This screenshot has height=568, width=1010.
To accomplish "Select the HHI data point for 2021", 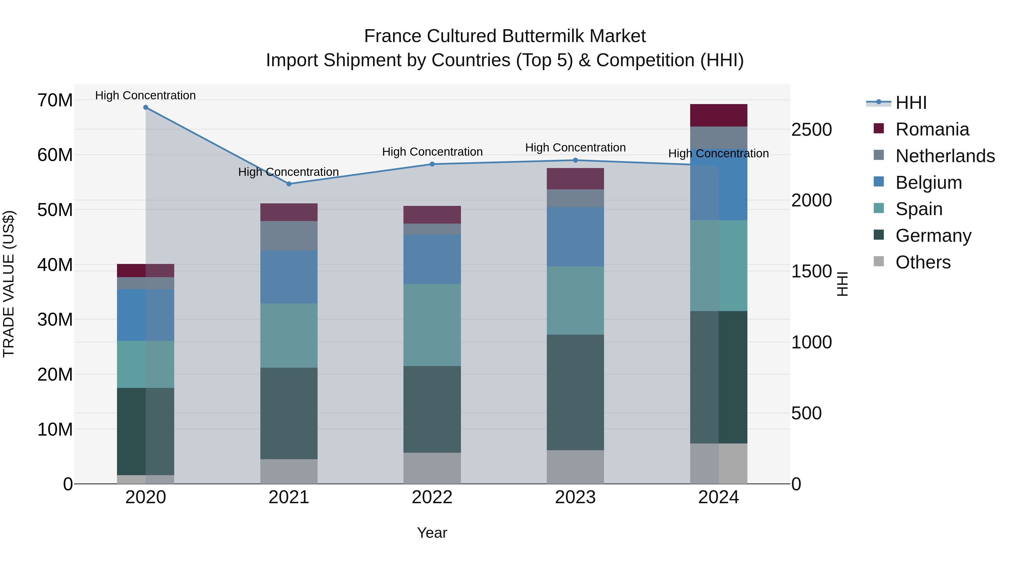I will pyautogui.click(x=289, y=184).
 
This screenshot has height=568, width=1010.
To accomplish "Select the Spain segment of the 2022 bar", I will pyautogui.click(x=432, y=325).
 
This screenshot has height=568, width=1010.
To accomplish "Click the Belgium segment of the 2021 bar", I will pyautogui.click(x=289, y=277).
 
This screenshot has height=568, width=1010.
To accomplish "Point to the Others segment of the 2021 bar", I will pyautogui.click(x=289, y=471).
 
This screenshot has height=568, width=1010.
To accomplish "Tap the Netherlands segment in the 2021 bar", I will pyautogui.click(x=289, y=236).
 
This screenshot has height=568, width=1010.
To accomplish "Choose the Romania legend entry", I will pyautogui.click(x=932, y=129).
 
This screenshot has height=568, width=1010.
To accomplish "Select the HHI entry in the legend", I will pyautogui.click(x=911, y=103).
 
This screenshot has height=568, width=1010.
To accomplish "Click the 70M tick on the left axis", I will pyautogui.click(x=55, y=100).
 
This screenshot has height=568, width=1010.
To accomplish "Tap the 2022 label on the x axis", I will pyautogui.click(x=432, y=497).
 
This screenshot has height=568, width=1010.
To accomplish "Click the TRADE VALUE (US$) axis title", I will pyautogui.click(x=9, y=284).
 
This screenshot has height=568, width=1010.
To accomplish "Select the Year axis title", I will pyautogui.click(x=432, y=533).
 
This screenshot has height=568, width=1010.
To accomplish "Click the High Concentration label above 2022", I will pyautogui.click(x=432, y=152).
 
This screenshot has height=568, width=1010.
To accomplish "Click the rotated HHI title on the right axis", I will pyautogui.click(x=843, y=284).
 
